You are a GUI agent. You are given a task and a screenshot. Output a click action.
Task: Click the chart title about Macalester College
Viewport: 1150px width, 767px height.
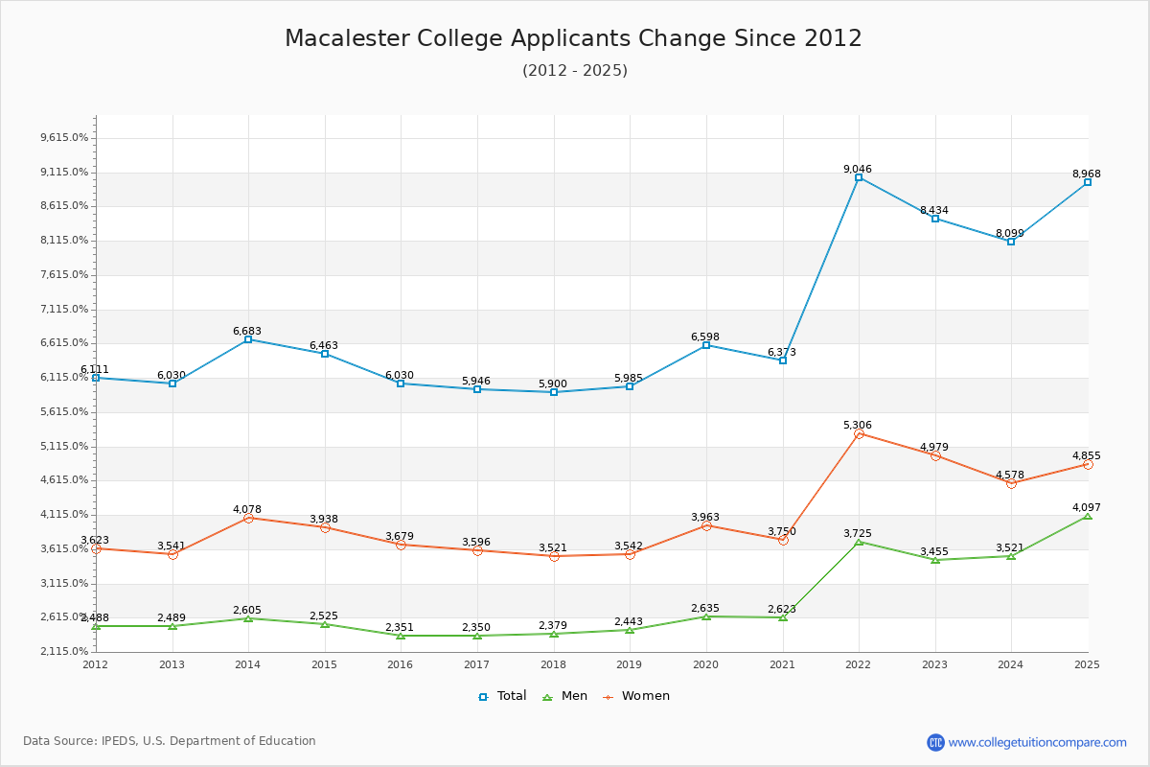(x=573, y=38)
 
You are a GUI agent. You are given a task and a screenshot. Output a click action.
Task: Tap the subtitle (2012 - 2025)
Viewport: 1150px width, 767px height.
(x=574, y=71)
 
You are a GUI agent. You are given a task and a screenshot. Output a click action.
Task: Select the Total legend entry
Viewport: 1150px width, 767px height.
(x=502, y=696)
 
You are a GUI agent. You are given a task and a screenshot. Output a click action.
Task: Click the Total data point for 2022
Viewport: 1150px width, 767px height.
(x=859, y=177)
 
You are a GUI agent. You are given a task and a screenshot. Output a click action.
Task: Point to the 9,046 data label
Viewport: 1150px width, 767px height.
(x=857, y=169)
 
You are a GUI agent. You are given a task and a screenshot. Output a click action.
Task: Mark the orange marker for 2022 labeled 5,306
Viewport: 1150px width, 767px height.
(x=859, y=434)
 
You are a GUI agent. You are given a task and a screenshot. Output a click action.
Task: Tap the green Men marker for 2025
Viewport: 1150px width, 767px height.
(x=1087, y=517)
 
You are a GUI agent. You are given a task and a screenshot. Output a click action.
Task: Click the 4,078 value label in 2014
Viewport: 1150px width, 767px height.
(x=246, y=509)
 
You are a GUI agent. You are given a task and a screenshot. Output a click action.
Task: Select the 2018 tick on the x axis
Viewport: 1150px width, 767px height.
(x=553, y=664)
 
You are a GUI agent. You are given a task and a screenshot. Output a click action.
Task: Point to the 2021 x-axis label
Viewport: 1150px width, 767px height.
(x=782, y=664)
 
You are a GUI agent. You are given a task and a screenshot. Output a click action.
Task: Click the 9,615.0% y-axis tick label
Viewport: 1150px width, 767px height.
(x=64, y=138)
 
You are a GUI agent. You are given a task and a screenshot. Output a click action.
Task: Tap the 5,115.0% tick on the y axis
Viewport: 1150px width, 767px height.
(x=64, y=447)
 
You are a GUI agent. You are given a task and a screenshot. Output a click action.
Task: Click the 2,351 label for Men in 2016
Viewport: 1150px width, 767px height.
(x=400, y=627)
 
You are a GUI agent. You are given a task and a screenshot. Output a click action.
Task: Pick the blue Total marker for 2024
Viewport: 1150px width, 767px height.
(x=1011, y=242)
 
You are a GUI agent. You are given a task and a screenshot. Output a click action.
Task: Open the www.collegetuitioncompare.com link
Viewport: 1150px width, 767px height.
(x=1037, y=742)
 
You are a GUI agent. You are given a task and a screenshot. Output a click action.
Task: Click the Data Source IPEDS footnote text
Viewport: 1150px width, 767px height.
(x=170, y=741)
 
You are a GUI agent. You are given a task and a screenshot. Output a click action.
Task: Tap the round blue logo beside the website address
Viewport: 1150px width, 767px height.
(x=935, y=742)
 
